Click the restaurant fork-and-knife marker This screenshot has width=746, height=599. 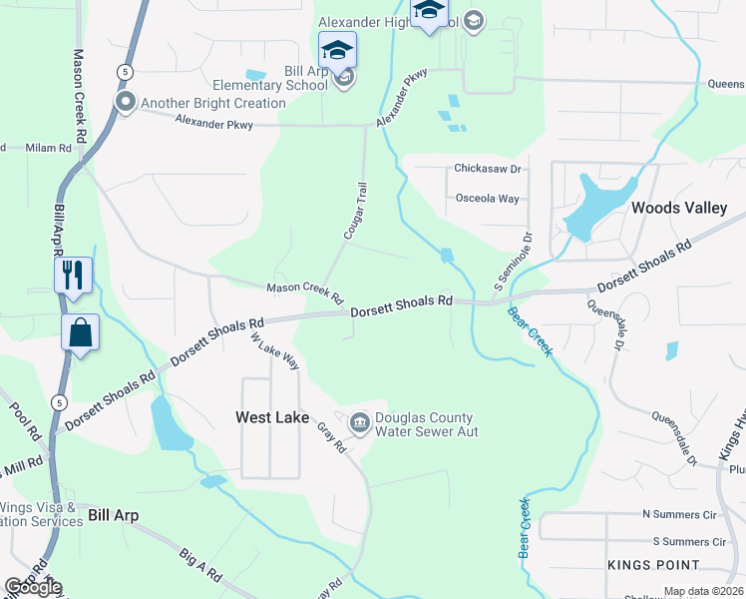[x=74, y=275]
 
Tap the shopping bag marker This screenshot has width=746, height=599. [x=80, y=332]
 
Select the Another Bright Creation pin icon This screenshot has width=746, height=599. [x=126, y=103]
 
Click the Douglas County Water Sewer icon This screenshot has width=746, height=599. [x=359, y=424]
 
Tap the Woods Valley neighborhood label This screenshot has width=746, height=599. [x=679, y=209]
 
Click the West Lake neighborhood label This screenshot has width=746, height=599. [x=271, y=417]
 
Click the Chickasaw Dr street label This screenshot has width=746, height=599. [x=490, y=169]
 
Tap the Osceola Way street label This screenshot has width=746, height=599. [x=487, y=199]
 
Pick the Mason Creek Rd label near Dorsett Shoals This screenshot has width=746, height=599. [x=304, y=293]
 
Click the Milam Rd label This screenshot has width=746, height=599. [x=49, y=148]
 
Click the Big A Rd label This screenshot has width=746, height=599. [x=199, y=564]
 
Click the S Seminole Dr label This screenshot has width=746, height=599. [x=514, y=257]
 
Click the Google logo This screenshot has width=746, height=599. [x=33, y=587]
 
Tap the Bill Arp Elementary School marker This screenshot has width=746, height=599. [x=337, y=49]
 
